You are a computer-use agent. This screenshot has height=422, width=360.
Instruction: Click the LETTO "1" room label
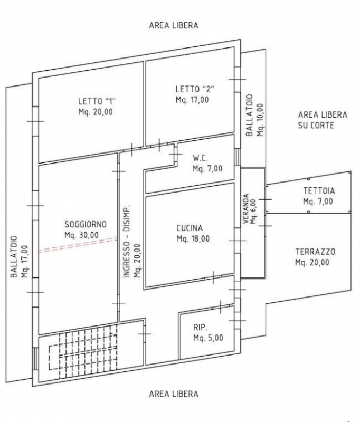pyautogui.click(x=97, y=101)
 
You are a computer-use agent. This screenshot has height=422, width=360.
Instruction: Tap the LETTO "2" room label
pyautogui.click(x=195, y=89)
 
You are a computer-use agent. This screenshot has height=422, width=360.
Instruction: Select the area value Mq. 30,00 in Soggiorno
pyautogui.click(x=82, y=235)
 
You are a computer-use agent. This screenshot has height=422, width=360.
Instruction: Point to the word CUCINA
pyautogui.click(x=190, y=228)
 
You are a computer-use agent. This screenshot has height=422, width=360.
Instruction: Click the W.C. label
pyautogui.click(x=200, y=158)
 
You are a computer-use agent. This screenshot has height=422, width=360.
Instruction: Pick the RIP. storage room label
pyautogui.click(x=201, y=327)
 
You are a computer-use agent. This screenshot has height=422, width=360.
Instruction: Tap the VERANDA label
pyautogui.click(x=246, y=208)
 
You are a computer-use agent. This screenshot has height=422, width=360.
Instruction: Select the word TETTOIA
pyautogui.click(x=319, y=191)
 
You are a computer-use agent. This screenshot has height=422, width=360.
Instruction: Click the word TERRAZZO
pyautogui.click(x=315, y=252)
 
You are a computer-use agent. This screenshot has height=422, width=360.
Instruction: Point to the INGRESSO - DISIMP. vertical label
pyautogui.click(x=126, y=242)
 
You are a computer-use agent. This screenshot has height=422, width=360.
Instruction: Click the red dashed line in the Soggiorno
pyautogui.click(x=78, y=245)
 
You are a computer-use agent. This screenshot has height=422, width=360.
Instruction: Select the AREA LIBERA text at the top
pyautogui.click(x=174, y=25)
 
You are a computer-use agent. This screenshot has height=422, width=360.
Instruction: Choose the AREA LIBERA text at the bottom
pyautogui.click(x=174, y=394)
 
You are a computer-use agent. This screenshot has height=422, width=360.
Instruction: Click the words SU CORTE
pyautogui.click(x=316, y=126)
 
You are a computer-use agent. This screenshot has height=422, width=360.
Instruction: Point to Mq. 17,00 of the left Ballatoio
pyautogui.click(x=24, y=261)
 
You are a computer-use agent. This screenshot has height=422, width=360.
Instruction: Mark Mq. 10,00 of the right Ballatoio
pyautogui.click(x=260, y=120)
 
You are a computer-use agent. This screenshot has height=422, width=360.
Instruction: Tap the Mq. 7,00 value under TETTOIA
pyautogui.click(x=318, y=202)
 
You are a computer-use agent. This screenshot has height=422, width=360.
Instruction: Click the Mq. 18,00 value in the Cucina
pyautogui.click(x=193, y=238)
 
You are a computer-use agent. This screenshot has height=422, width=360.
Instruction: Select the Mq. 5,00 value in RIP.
pyautogui.click(x=209, y=338)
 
